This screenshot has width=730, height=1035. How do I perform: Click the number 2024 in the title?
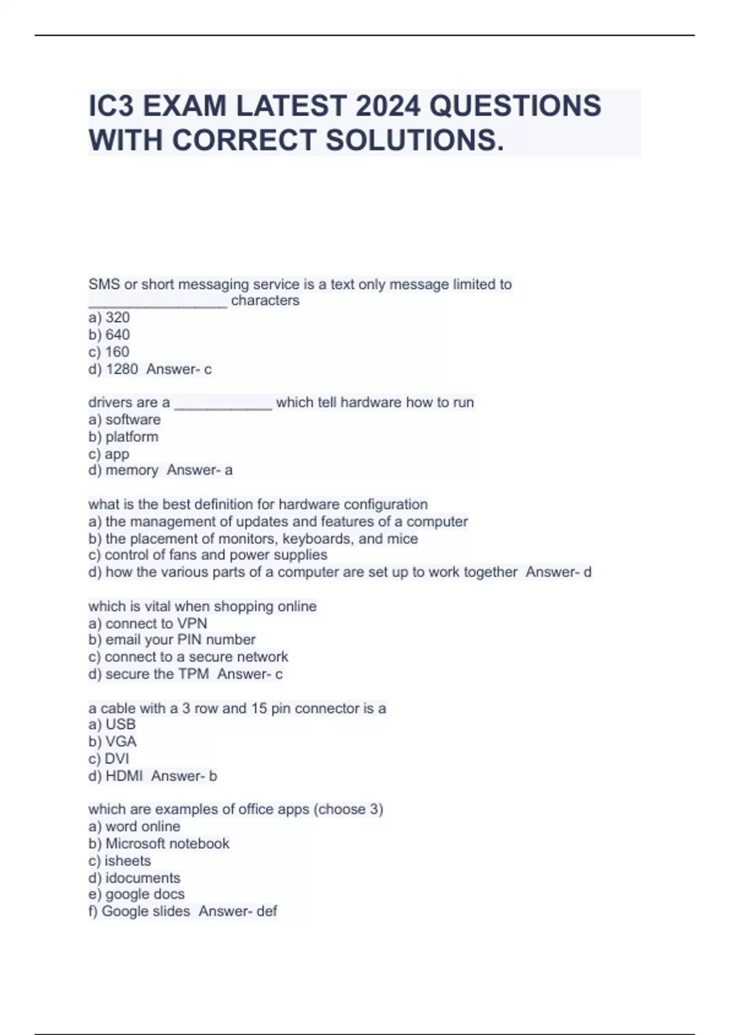coord(388,106)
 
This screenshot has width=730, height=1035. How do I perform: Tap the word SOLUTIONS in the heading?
coord(414,140)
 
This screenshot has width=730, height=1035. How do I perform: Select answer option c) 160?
coord(109,352)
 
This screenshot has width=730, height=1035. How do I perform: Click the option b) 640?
coord(109,335)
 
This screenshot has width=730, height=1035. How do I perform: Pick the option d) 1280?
coord(113,369)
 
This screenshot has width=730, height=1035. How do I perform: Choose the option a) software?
coord(125,419)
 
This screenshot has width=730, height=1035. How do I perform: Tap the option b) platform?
coord(123,437)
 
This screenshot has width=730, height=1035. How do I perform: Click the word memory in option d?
coord(131,470)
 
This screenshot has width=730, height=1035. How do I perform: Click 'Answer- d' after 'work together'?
coord(558,572)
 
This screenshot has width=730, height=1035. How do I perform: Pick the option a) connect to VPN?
coord(148,623)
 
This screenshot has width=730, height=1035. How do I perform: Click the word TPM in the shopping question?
coord(193,674)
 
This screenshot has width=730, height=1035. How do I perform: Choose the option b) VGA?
coord(113,742)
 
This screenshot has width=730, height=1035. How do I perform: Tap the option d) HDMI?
coord(116,776)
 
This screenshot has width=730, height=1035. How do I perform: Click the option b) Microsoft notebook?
coord(159,844)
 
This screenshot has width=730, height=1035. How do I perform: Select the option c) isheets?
coord(120,861)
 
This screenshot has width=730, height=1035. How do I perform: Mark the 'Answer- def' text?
coord(238,911)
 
